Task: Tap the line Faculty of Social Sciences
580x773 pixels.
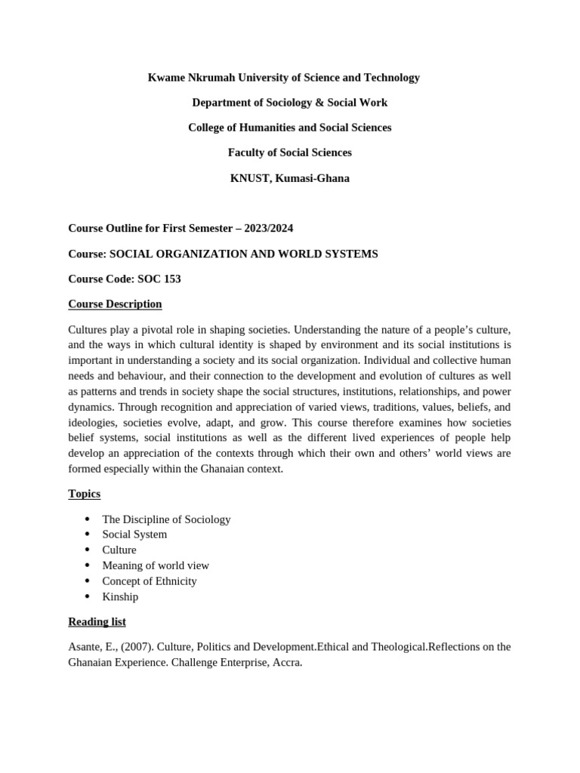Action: [x=289, y=152]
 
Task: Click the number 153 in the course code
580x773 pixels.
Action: [x=171, y=279]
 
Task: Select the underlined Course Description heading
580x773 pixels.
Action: [x=115, y=304]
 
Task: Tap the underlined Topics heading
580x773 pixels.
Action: [x=84, y=494]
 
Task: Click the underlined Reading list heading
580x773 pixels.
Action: [x=97, y=622]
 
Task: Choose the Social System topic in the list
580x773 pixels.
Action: [x=134, y=534]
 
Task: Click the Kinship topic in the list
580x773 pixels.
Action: [x=120, y=597]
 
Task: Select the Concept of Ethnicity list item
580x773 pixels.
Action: [x=150, y=581]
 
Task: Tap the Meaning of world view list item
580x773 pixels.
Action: [x=156, y=565]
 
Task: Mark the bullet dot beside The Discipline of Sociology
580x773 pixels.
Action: [x=88, y=519]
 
